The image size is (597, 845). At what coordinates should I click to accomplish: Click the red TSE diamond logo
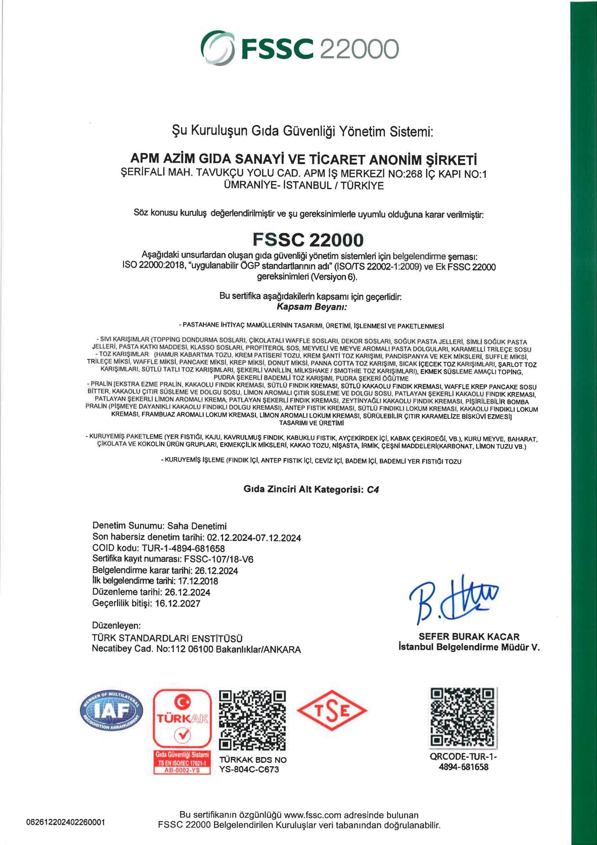pos(332,711)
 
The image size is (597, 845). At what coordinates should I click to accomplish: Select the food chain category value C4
pos(373,490)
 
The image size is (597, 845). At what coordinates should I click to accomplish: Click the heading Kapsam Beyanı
pos(312,307)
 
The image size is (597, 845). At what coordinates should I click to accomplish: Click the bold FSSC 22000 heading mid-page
pos(308,240)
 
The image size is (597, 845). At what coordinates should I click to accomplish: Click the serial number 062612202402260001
pos(66,832)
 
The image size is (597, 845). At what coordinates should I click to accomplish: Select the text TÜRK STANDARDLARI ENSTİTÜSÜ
pos(167,638)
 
